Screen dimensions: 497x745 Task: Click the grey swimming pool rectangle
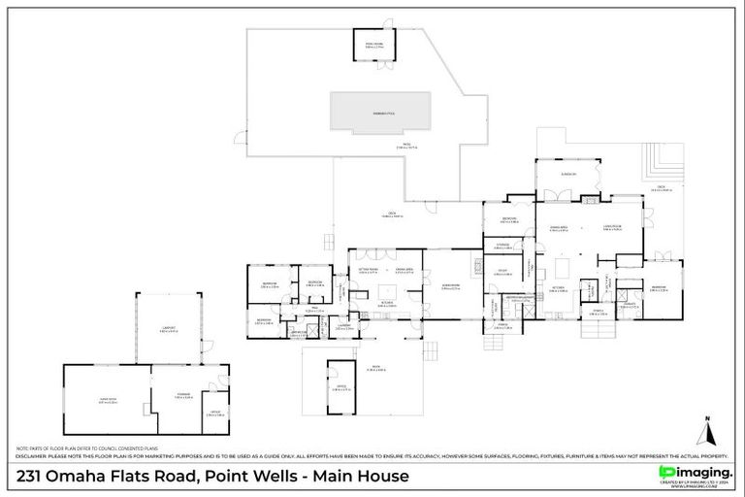click(x=380, y=111)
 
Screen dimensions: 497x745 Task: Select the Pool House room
click(x=374, y=45)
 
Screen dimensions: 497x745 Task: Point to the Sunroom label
click(x=568, y=175)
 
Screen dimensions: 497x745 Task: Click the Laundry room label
click(x=344, y=327)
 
